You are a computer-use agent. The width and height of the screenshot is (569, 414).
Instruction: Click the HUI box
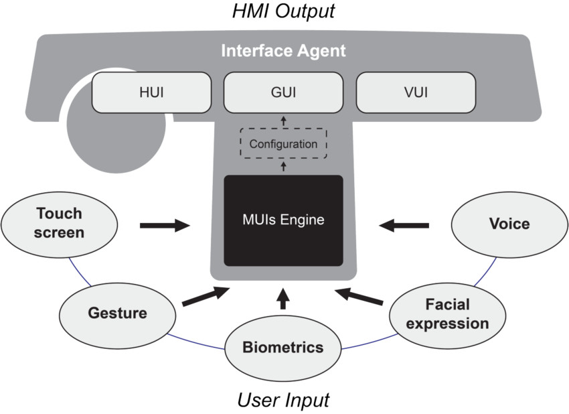(150, 92)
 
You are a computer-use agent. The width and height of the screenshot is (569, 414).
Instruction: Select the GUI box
(283, 92)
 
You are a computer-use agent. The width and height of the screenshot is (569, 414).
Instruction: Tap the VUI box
(416, 92)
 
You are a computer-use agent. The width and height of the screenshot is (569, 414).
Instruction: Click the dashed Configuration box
(283, 143)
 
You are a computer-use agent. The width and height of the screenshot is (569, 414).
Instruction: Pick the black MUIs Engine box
(283, 220)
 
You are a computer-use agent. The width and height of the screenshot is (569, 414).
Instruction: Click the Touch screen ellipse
(60, 223)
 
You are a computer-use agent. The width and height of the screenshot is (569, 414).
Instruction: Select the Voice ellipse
(509, 223)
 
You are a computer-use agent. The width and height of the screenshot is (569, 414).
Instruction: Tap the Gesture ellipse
(117, 313)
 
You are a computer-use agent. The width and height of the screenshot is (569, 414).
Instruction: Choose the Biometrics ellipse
(282, 347)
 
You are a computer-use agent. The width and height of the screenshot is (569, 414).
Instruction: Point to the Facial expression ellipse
(447, 314)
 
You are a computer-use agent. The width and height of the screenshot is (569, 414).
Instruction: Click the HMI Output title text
(283, 11)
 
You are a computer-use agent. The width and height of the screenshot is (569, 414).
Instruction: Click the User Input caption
(283, 401)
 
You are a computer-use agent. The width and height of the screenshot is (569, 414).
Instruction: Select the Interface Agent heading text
(283, 51)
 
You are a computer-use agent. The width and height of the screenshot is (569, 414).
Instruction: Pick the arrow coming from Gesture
(204, 297)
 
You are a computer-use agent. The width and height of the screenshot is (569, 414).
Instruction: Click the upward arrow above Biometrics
(282, 299)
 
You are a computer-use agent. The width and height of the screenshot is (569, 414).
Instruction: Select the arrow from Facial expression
(360, 297)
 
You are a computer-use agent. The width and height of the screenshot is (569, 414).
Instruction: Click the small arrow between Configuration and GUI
(282, 121)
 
